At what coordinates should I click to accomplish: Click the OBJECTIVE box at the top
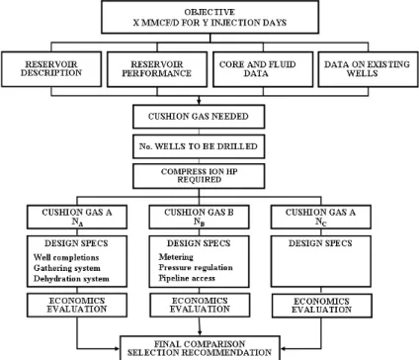(x=210, y=17)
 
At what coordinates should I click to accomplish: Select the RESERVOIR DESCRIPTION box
(x=51, y=69)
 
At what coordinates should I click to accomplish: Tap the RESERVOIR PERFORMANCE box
(x=157, y=69)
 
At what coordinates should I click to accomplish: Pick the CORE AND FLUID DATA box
(x=263, y=69)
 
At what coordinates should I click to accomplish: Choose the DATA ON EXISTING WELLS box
(x=368, y=69)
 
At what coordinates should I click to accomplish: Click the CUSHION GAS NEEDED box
(x=199, y=117)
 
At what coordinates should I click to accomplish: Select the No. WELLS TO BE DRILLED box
(x=199, y=146)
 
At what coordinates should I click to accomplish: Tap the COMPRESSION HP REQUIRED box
(x=199, y=176)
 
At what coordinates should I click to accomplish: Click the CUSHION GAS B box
(x=199, y=217)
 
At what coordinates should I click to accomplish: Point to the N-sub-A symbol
(x=77, y=222)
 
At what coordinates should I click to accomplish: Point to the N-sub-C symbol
(x=321, y=222)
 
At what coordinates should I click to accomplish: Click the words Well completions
(x=66, y=257)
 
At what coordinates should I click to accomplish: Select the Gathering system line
(x=67, y=268)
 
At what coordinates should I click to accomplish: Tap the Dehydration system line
(x=71, y=279)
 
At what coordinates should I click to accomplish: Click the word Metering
(x=176, y=257)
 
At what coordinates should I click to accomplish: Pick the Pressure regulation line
(x=196, y=267)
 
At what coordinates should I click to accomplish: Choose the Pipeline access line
(x=187, y=278)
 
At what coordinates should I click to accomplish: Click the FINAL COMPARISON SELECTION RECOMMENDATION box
(x=200, y=348)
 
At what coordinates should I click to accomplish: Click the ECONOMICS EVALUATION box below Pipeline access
(x=200, y=306)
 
